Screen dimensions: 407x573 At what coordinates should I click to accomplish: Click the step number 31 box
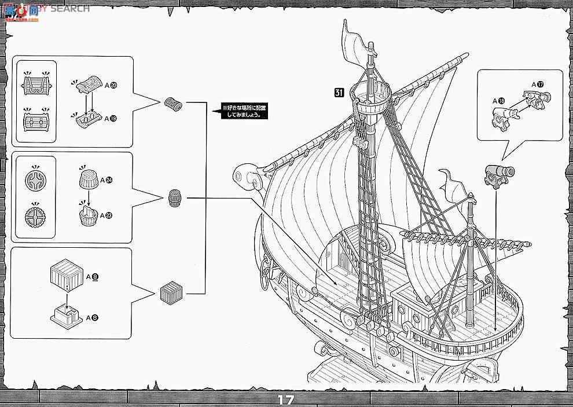[x=339, y=91]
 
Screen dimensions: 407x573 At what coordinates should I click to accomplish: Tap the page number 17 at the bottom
[x=286, y=399]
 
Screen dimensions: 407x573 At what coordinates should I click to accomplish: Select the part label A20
[x=112, y=85]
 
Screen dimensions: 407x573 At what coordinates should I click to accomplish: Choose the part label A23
[x=106, y=215]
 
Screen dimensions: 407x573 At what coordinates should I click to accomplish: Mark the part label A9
[x=91, y=277]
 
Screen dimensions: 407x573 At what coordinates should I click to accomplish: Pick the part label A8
[x=91, y=317]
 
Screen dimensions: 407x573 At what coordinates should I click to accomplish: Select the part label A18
[x=498, y=101]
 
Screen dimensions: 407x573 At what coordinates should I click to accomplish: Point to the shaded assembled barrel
[x=174, y=198]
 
